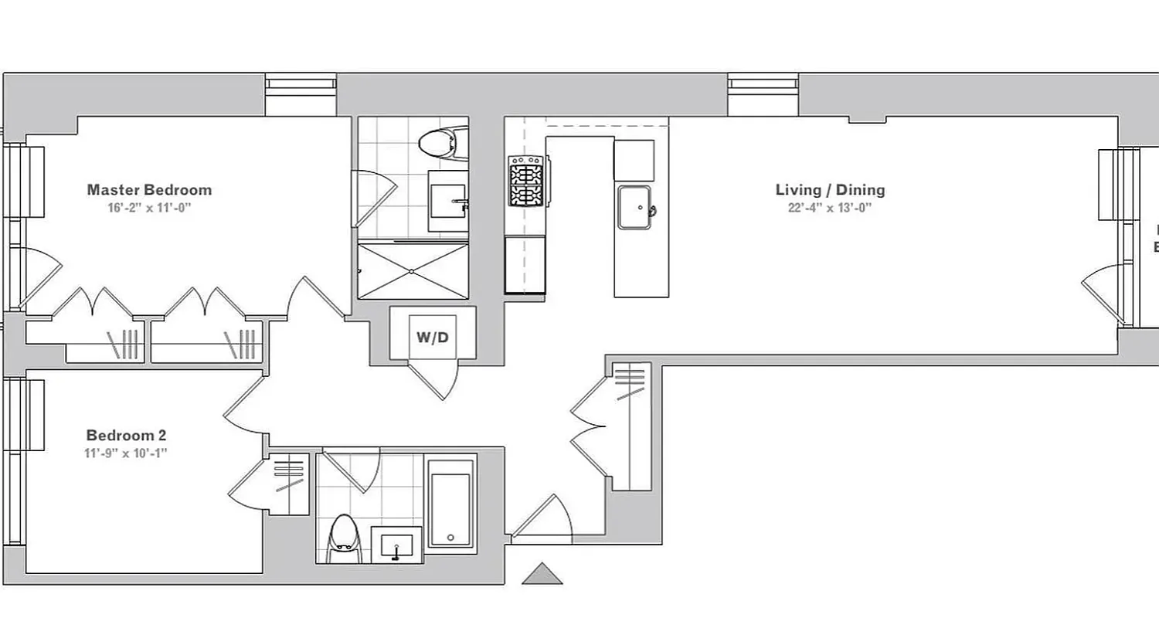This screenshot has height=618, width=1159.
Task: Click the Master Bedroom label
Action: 149,190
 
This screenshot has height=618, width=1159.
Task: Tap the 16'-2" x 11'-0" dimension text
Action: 149,208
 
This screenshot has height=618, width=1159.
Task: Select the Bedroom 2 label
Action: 126,436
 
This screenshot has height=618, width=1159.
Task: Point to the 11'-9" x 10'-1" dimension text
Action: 126,453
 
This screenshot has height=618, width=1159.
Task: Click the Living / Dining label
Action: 830,190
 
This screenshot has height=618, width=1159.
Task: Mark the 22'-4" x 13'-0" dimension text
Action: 830,208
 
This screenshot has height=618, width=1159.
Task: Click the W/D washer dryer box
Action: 433,337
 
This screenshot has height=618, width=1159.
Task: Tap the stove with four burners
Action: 527,182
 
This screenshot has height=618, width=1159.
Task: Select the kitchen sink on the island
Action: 637,208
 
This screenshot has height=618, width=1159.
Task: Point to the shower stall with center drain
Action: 413,271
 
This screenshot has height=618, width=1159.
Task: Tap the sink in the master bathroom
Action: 449,202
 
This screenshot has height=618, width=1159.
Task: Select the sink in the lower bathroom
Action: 397,545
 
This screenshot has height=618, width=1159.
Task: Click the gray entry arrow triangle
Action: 542,574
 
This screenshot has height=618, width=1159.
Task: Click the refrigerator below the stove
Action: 525,265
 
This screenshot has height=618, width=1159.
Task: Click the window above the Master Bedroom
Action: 301,94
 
